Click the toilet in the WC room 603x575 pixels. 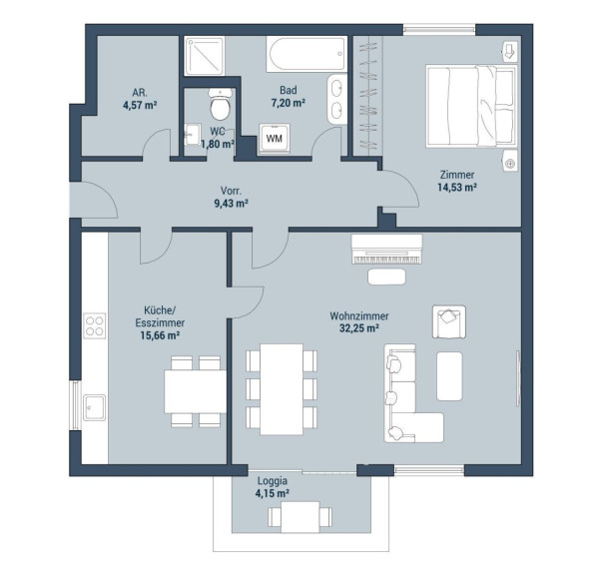pos(220,104)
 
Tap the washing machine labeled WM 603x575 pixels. pos(275,138)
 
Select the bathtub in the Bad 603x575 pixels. pos(306,54)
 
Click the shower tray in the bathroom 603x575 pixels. pos(204,56)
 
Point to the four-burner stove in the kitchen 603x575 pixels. pos(94,325)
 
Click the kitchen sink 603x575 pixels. pos(94,407)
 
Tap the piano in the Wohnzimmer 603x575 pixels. pos(386,249)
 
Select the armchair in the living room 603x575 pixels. pos(449,321)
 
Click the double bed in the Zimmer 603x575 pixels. pos(471,107)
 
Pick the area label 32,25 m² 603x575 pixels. pos(359,328)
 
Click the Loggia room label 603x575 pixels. pos(273,481)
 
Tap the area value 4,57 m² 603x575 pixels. pos(140,105)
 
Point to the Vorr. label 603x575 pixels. pos(231,191)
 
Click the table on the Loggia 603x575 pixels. pos(300,517)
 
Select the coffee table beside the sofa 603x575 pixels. pos(449,376)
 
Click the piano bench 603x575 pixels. pos(386,277)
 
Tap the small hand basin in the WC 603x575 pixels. pos(192,134)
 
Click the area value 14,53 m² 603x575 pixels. pos(457,188)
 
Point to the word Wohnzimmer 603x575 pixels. pos(359,316)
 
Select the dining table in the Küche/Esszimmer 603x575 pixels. pos(196,391)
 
